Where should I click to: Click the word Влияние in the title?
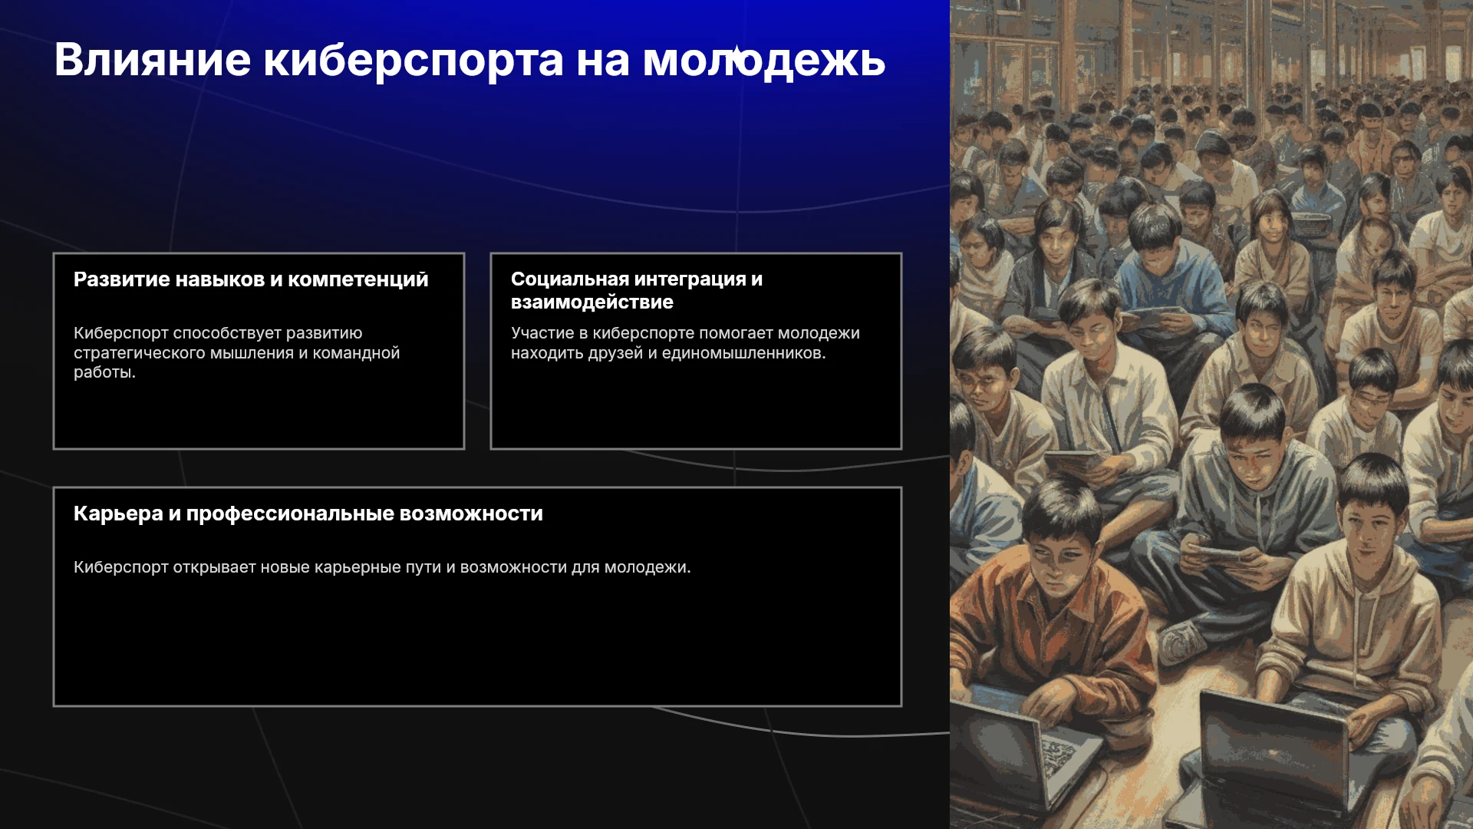[153, 60]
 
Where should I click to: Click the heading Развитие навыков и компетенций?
[251, 279]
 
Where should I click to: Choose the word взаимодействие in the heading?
[592, 302]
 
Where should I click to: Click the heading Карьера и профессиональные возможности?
[308, 514]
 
